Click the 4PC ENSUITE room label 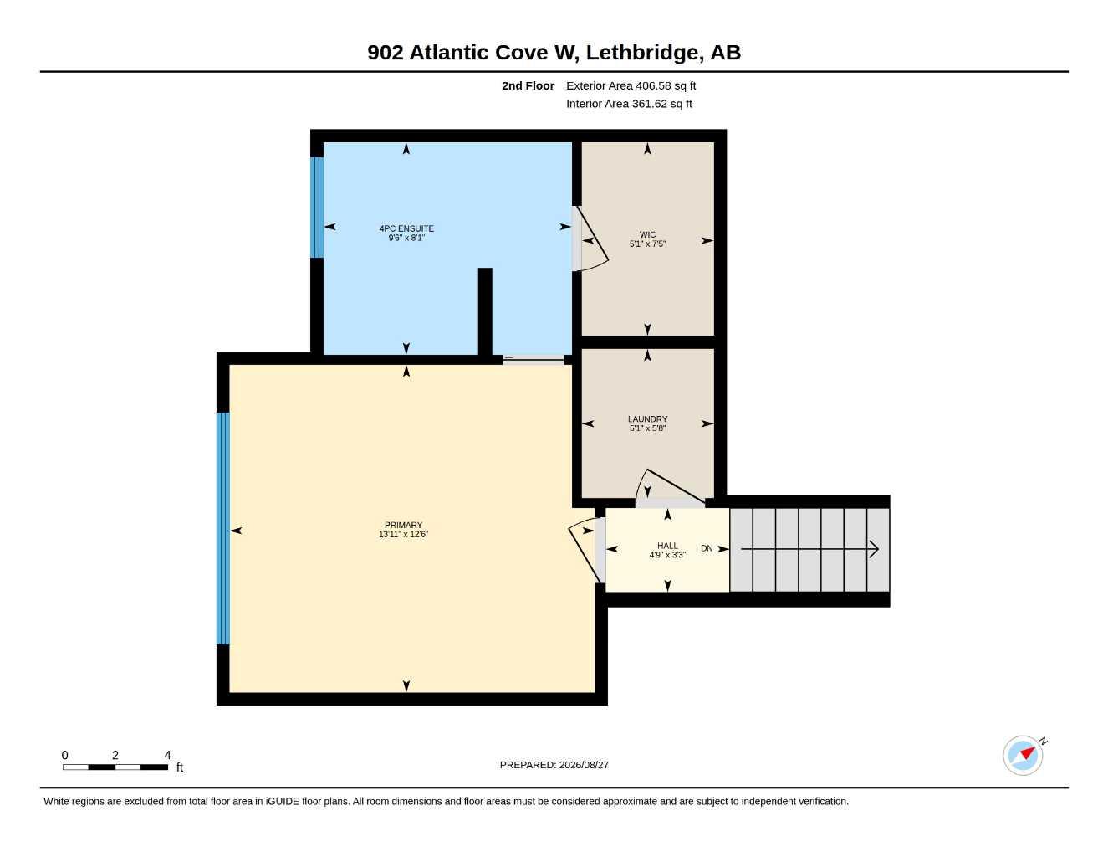(406, 228)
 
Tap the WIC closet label (647, 234)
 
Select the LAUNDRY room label (647, 418)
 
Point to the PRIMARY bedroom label (403, 525)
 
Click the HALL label (667, 546)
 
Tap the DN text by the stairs (707, 548)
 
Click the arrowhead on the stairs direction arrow (874, 549)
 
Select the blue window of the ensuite (317, 207)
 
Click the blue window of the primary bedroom (222, 528)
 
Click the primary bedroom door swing (585, 551)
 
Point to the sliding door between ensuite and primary (534, 360)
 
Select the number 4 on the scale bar (167, 754)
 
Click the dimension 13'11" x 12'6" (403, 534)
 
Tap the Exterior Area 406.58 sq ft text (631, 85)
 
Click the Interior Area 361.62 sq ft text (629, 104)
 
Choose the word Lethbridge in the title (642, 53)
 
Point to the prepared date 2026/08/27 (584, 765)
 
